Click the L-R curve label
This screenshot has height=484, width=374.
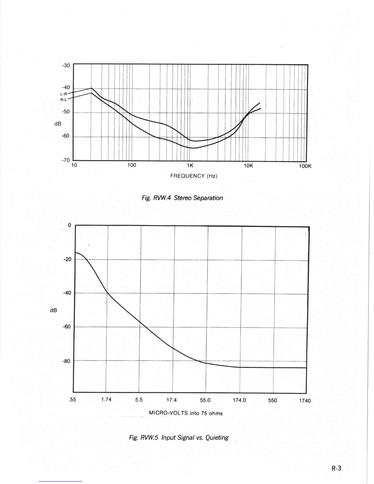64,94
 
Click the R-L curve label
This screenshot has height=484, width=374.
64,99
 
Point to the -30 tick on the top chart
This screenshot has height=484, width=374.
66,65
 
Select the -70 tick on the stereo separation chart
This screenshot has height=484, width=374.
66,160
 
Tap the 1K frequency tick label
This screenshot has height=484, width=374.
190,166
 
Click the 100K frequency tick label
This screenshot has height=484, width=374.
305,167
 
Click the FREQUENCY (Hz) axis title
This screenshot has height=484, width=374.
194,176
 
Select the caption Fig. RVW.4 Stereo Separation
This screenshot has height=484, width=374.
182,198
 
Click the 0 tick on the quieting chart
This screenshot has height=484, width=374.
70,225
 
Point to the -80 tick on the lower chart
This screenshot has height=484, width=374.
66,361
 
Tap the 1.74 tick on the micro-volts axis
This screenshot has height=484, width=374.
106,399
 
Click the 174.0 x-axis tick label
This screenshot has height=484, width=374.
239,400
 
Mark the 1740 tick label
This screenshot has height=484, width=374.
305,400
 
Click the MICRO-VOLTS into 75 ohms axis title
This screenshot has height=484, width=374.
186,413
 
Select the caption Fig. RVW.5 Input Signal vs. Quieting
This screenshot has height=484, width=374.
179,438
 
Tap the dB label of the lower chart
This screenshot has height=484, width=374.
53,310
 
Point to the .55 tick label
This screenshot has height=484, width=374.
73,399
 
